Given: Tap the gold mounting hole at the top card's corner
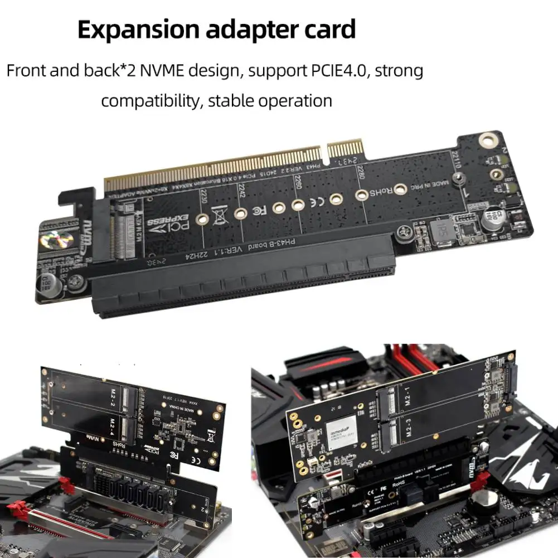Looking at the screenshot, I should [x=487, y=140].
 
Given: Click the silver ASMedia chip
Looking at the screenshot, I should [x=341, y=432].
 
